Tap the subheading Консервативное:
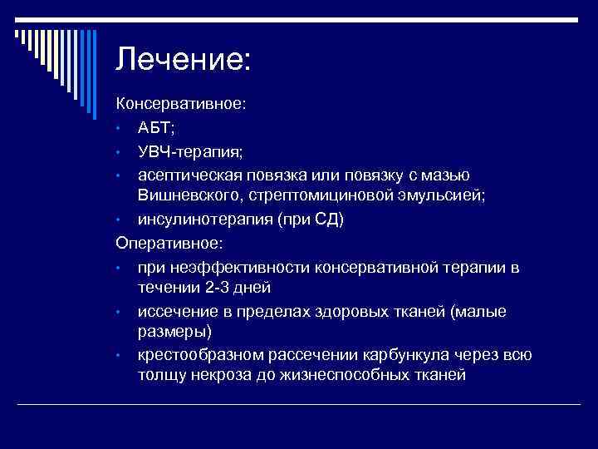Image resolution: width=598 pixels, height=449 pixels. (180, 105)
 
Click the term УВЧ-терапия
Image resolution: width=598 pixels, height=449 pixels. (190, 152)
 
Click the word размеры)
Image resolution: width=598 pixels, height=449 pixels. (174, 333)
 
